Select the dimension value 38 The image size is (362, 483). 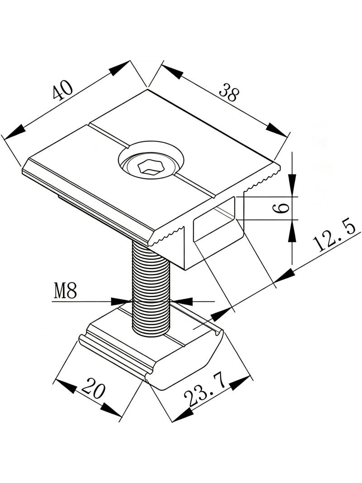[228, 92]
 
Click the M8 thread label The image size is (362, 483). [65, 291]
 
